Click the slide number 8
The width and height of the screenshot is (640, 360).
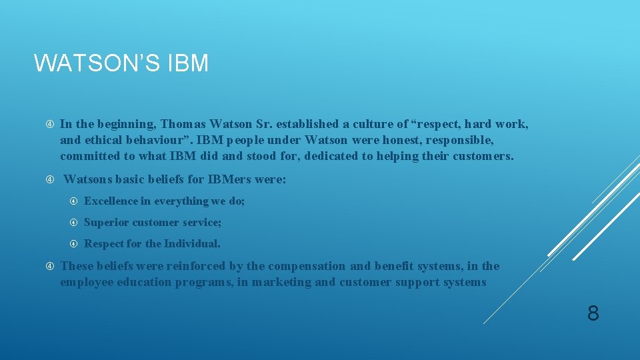(x=593, y=313)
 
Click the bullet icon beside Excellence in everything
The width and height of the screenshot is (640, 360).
(x=74, y=201)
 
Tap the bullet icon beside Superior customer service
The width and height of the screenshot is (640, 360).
(x=74, y=222)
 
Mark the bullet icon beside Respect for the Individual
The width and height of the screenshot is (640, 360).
(x=74, y=243)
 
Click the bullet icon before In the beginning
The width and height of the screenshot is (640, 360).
(x=50, y=124)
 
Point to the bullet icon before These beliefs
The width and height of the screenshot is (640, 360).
(x=50, y=266)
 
